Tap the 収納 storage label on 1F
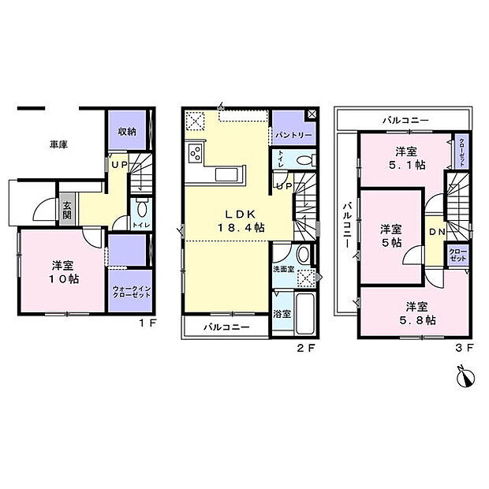click(x=129, y=132)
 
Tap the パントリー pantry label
click(x=293, y=135)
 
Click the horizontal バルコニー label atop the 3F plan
click(x=405, y=120)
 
